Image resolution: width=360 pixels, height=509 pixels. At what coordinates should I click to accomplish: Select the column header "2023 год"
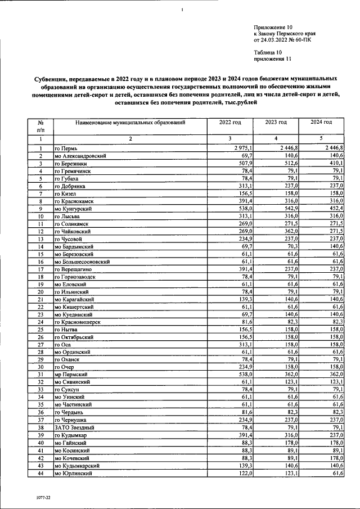(276, 122)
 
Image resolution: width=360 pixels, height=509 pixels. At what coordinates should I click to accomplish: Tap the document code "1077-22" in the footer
(36, 498)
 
